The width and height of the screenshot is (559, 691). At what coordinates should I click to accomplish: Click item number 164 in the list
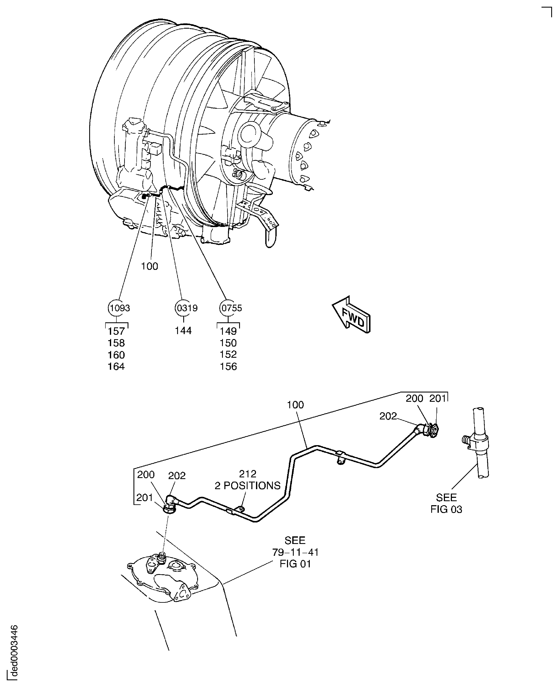pyautogui.click(x=116, y=366)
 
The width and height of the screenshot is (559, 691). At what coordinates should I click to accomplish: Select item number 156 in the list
pyautogui.click(x=228, y=366)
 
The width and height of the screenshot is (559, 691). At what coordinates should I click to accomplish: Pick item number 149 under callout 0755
pyautogui.click(x=228, y=331)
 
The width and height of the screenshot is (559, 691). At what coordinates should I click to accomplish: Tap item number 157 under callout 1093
pyautogui.click(x=116, y=331)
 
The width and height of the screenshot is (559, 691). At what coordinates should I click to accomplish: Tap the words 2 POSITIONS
pyautogui.click(x=248, y=485)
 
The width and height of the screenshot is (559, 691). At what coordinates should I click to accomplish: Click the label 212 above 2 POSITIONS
pyautogui.click(x=248, y=474)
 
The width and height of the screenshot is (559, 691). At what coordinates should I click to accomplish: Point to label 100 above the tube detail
pyautogui.click(x=295, y=405)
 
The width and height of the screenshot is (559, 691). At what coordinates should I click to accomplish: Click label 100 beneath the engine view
pyautogui.click(x=150, y=266)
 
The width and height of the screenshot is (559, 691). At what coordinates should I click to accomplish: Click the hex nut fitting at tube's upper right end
pyautogui.click(x=430, y=430)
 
